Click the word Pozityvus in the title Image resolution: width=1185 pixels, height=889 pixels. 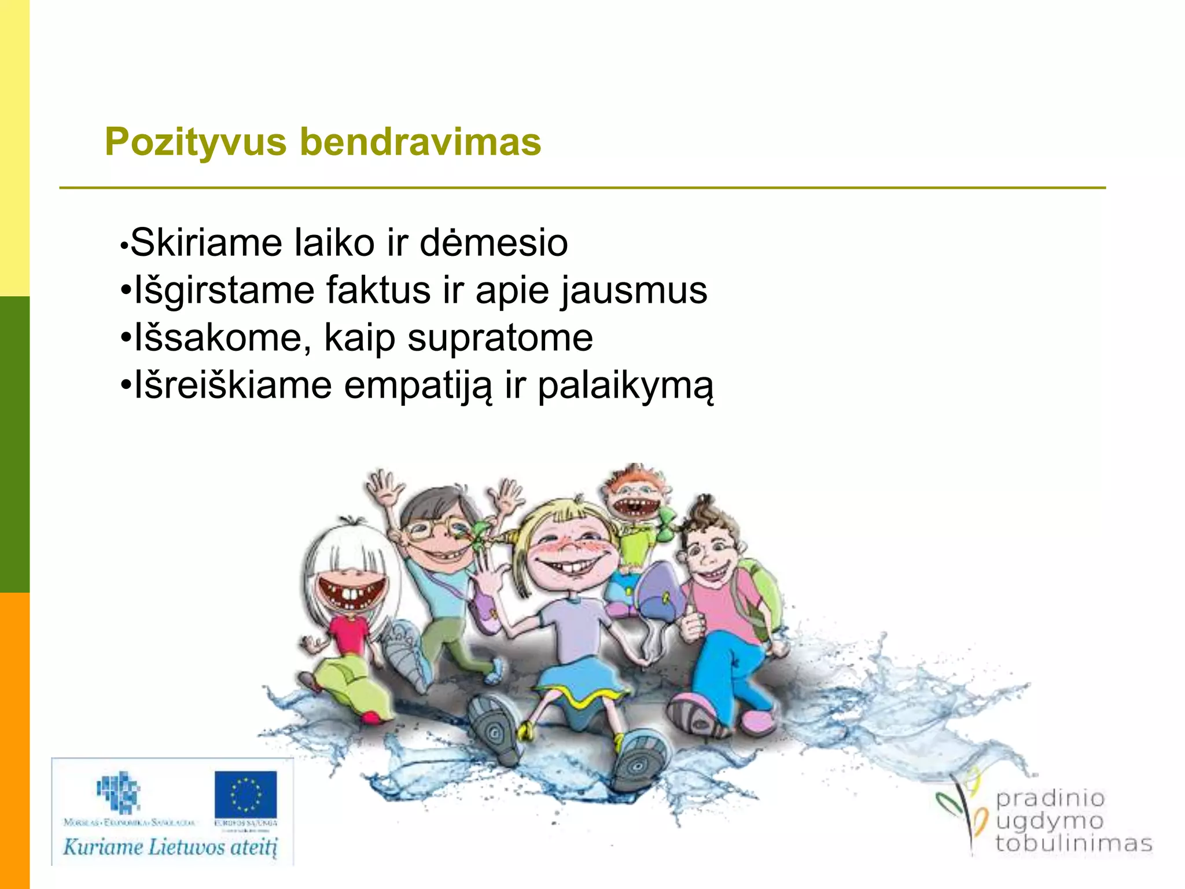196,142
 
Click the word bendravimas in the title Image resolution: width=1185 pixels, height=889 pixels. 421,142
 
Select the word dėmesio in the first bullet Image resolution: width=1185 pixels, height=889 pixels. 494,243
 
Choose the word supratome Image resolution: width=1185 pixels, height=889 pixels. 500,338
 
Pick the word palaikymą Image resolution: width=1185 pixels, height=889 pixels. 625,386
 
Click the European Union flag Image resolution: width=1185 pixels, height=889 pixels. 245,794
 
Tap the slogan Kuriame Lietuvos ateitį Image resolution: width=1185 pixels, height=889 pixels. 170,847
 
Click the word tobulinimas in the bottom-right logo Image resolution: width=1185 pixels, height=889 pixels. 1073,843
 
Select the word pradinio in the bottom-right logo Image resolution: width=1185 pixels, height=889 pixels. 1050,799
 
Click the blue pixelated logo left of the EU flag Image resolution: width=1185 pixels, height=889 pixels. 119,791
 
